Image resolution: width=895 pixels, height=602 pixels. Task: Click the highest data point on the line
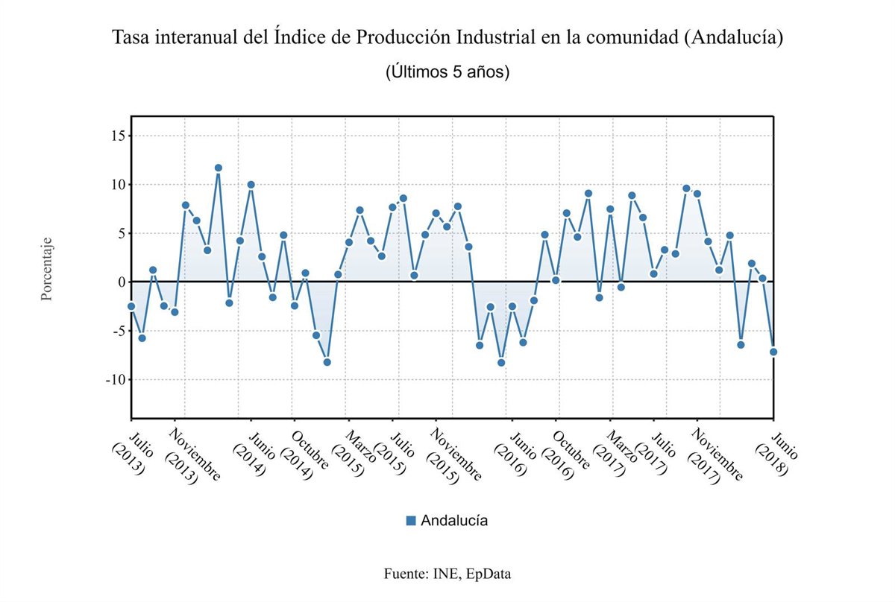click(x=218, y=168)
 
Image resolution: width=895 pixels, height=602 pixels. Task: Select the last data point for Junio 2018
click(x=773, y=352)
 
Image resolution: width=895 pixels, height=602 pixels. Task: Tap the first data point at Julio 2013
click(x=131, y=306)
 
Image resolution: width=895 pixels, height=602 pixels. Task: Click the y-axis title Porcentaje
click(x=47, y=270)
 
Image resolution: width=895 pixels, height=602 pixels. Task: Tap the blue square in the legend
click(x=411, y=521)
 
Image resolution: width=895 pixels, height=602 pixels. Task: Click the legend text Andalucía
click(x=454, y=521)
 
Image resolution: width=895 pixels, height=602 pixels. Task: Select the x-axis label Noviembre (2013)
click(x=190, y=456)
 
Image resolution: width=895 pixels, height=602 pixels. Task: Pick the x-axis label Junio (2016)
click(x=515, y=454)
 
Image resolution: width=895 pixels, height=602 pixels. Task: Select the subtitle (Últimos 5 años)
click(x=447, y=72)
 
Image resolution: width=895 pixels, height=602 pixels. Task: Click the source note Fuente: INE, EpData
click(x=447, y=574)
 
